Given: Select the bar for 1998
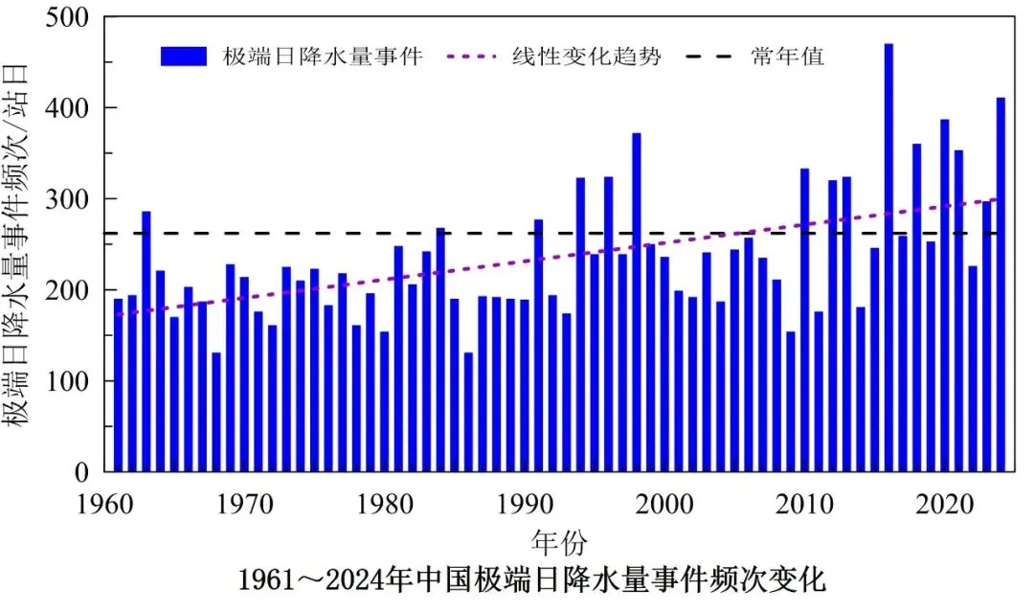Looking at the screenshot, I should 637,303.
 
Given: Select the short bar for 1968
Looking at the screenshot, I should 216,413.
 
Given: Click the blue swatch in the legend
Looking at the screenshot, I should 184,57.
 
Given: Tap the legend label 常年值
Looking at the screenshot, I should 787,57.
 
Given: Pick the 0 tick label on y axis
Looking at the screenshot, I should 82,472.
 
